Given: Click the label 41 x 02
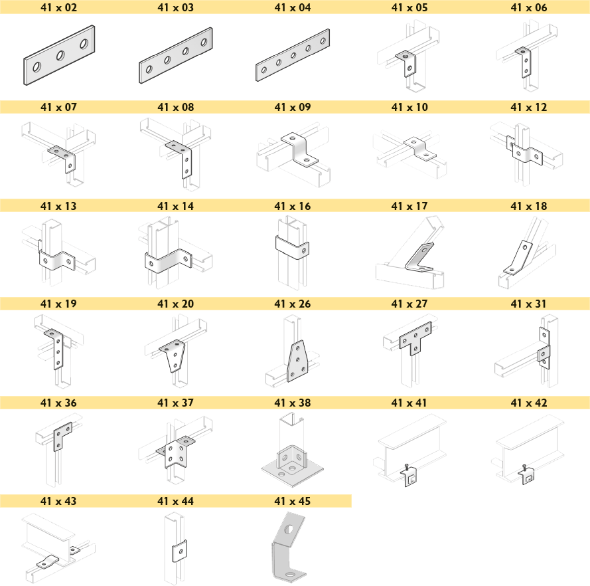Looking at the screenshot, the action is pos(58,7).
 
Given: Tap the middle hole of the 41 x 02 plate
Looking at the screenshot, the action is pos(60,56).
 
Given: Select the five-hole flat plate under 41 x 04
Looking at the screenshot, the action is pos(293,55).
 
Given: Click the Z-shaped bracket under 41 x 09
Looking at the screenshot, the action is pos(299,149).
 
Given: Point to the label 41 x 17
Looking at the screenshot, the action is pos(409,206).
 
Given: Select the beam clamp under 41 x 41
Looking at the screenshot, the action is pos(411,476).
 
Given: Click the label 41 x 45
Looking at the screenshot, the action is pos(293,501).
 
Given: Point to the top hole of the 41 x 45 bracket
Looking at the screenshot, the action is pos(289,530).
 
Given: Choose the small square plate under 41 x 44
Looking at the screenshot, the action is pos(179,551).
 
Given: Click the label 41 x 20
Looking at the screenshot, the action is pos(176,304).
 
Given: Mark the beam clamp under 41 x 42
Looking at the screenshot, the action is pos(527,475).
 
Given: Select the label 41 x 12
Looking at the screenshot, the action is pos(529,107).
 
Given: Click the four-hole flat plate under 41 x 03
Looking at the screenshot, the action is pos(176,55).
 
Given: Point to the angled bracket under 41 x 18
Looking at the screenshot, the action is pos(518,258).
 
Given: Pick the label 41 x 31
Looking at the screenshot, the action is pos(529,304).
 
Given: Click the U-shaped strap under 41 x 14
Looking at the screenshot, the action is pos(168,260).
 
